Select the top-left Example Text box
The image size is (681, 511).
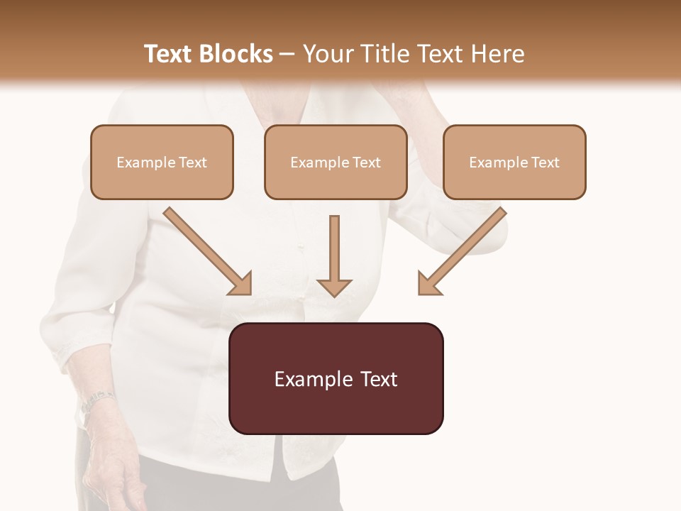point(162,163)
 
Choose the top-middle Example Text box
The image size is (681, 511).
point(336,163)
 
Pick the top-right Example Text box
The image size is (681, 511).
point(514,163)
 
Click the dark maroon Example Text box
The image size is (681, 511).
point(336,378)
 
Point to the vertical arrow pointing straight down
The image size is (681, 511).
point(334,252)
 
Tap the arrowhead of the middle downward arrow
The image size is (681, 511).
point(334,287)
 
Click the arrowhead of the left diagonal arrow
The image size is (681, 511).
point(241,283)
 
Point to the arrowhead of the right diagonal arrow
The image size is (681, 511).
point(428,283)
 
